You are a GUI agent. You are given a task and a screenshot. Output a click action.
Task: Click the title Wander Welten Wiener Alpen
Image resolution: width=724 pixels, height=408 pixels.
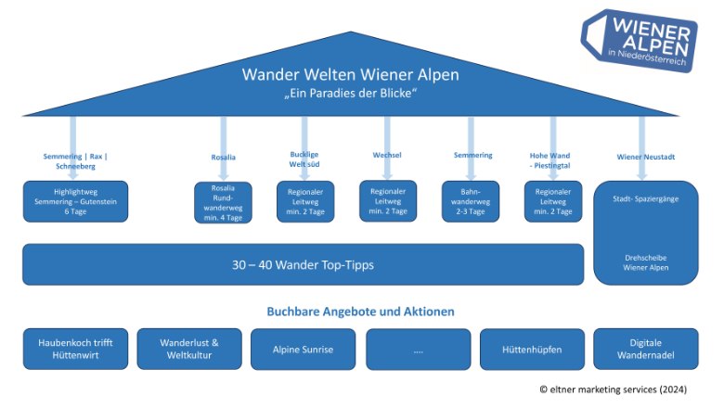350,75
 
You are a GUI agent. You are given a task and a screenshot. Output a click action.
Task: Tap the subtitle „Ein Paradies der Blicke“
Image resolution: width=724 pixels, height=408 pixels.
350,95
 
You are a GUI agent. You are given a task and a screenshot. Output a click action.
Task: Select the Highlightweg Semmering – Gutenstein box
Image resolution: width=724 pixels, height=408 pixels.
75,201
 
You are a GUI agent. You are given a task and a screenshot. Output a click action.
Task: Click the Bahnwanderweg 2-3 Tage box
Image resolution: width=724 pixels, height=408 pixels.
472,201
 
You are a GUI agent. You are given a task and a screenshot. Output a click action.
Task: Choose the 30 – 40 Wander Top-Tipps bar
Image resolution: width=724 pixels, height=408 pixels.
303,264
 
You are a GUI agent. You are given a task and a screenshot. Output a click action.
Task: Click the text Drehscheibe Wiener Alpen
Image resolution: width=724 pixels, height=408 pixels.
645,262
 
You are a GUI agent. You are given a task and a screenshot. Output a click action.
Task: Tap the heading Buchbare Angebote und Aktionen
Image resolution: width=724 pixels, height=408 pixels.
360,311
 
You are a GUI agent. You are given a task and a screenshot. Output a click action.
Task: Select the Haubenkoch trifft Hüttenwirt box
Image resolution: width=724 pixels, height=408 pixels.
75,349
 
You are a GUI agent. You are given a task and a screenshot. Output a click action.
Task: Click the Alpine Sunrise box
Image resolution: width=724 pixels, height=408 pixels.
303,349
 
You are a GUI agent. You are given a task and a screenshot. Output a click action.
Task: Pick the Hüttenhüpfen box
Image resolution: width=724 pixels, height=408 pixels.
531,349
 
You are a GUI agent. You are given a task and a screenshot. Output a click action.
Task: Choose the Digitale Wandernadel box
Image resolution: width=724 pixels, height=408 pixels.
645,349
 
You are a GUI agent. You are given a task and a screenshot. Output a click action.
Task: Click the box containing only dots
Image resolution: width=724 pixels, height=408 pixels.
418,349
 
